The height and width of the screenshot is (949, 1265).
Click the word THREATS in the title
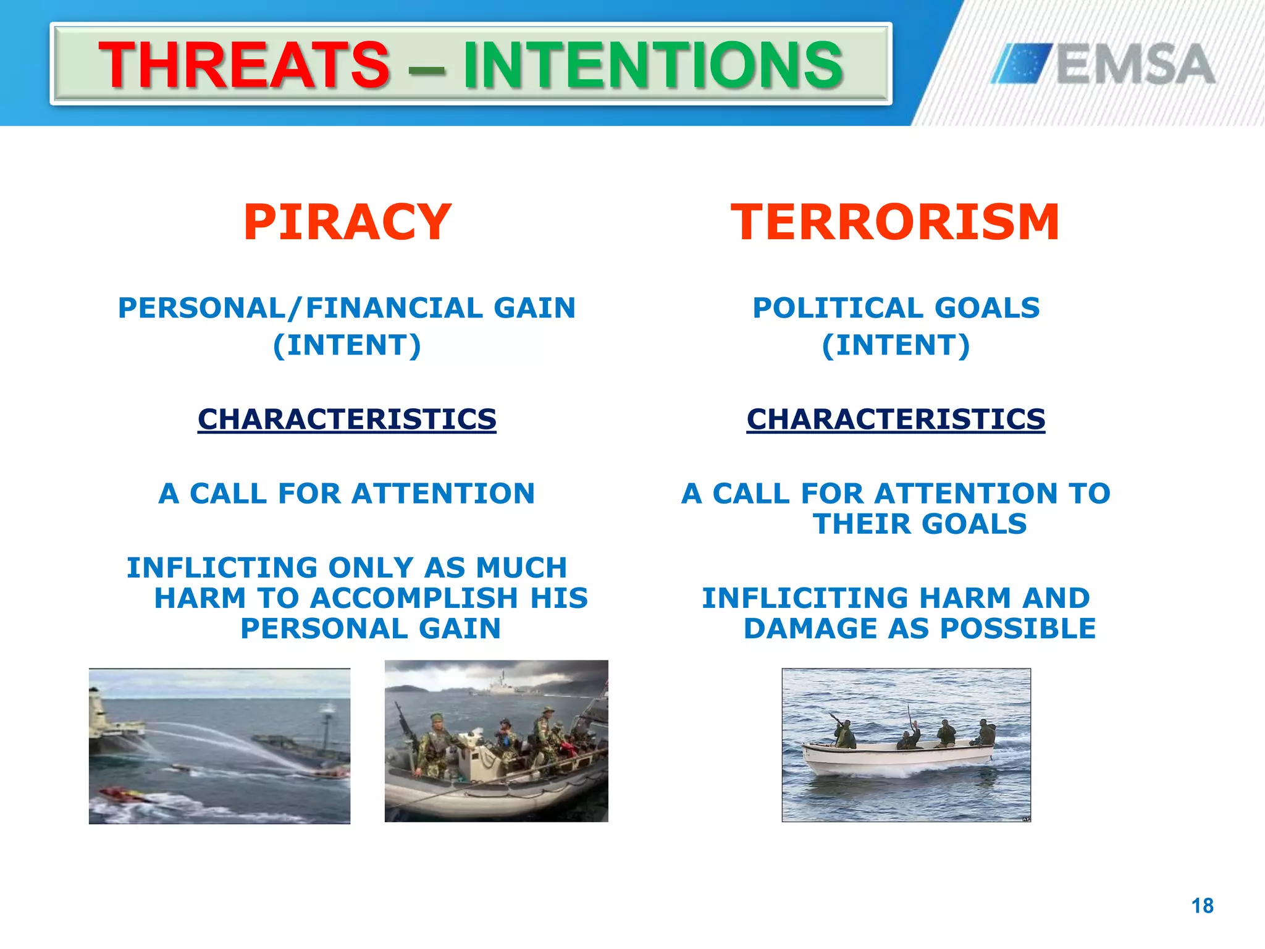[x=244, y=65]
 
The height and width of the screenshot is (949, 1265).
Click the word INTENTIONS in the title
[x=653, y=65]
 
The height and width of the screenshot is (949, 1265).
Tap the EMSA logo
[x=1103, y=64]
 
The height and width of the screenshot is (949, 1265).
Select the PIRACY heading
[x=347, y=222]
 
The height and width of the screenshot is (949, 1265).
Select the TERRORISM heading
[x=895, y=222]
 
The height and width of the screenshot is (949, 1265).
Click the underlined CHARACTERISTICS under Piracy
[x=347, y=420]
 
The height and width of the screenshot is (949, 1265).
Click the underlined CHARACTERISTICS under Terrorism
[x=896, y=420]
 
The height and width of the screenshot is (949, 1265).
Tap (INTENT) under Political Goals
[x=896, y=345]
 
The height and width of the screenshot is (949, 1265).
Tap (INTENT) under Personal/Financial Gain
[x=347, y=345]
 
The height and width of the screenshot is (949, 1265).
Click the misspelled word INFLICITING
[x=805, y=598]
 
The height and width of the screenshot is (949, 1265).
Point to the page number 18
[x=1202, y=906]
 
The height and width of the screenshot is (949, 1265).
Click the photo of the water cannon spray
[x=219, y=746]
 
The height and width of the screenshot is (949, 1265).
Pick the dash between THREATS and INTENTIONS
[x=426, y=68]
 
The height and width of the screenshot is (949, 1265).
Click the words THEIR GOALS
[x=920, y=525]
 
